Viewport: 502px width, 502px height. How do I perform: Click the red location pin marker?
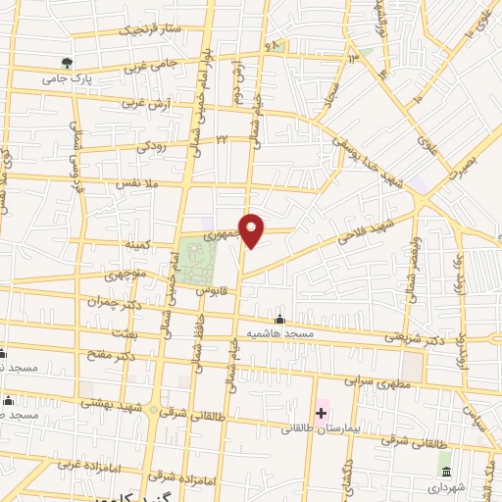pos(252,229)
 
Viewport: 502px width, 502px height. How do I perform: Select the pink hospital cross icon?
pos(321,413)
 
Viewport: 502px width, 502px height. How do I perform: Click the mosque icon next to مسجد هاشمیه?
pos(280,320)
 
